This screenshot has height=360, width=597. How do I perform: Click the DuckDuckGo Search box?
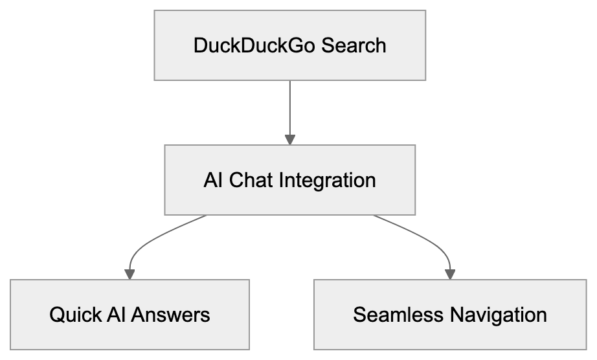[289, 45]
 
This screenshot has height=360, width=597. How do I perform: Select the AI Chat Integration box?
[289, 180]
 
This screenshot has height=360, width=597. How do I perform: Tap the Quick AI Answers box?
[130, 315]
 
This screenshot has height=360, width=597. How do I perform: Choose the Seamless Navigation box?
[450, 315]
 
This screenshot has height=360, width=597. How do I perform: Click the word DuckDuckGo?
[251, 46]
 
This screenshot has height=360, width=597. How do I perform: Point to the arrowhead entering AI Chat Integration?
[289, 139]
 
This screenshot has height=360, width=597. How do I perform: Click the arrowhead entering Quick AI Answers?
[130, 274]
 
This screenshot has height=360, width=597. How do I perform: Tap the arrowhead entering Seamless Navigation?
[450, 274]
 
